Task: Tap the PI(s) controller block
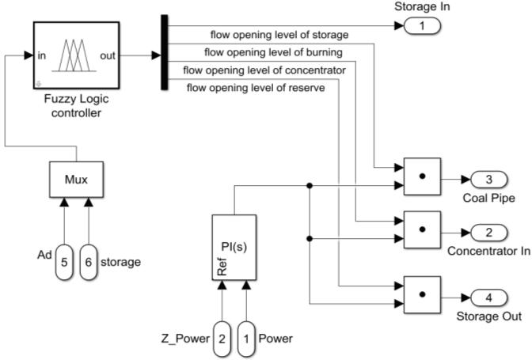coord(234,246)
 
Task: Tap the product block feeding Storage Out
coord(422,294)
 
